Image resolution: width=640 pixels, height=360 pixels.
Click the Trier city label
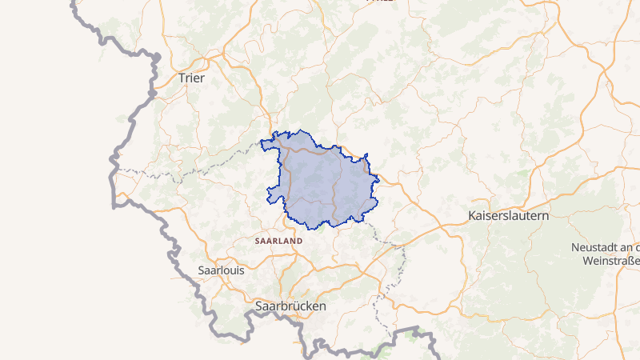click(x=191, y=78)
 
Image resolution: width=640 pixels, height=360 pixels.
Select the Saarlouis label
click(x=221, y=270)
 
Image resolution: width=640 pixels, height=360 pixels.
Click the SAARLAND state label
click(x=278, y=240)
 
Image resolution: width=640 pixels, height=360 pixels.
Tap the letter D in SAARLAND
click(x=299, y=240)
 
